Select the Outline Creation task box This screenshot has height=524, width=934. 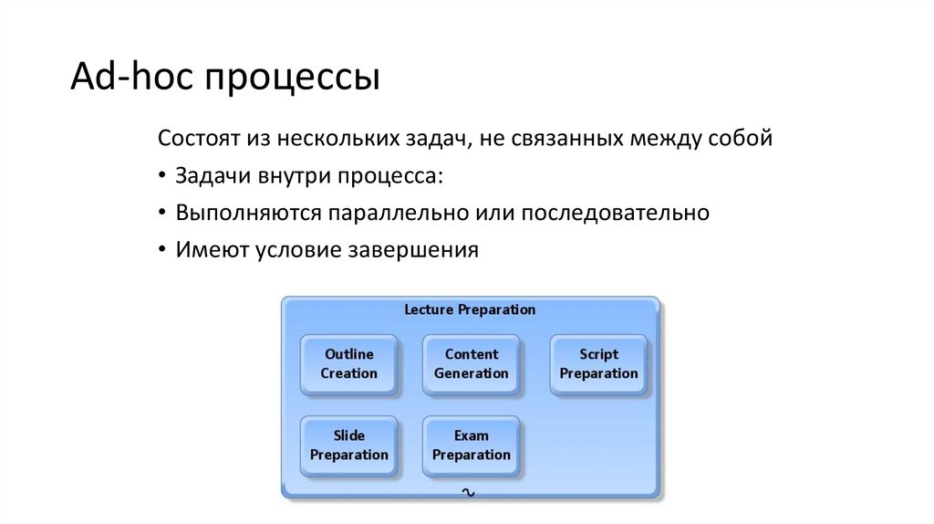point(348,364)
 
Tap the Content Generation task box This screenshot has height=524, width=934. point(471,364)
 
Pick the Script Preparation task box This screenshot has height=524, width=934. point(598,364)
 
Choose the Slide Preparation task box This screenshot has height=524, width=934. point(348,445)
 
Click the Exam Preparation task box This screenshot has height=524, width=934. point(471,445)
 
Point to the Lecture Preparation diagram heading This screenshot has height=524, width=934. point(470,309)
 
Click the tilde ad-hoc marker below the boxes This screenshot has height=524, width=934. point(469,492)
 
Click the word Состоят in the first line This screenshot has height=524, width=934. point(197,140)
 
